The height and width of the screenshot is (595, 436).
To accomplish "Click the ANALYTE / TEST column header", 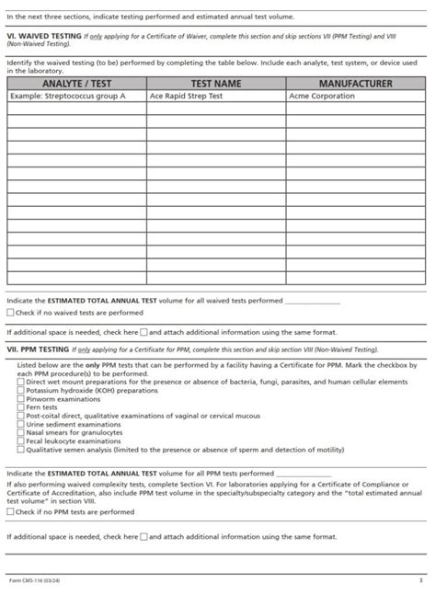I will pos(76,84).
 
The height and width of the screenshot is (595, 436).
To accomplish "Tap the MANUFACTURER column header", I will pos(355,84).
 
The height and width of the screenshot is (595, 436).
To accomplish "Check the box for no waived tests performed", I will pos(11,313).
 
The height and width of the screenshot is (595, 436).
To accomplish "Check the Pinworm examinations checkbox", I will pos(21,399).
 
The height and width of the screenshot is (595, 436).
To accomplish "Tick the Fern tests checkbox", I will pos(21,407).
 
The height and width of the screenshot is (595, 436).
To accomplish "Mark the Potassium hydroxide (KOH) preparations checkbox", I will pos(21,390).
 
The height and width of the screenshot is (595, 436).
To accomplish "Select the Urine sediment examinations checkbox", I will pos(21,424).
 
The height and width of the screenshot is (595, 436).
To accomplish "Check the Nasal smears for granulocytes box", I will pos(21,432).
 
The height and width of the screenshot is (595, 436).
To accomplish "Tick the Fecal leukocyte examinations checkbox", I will pos(21,441).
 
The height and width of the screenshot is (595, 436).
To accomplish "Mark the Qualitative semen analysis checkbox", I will pos(21,450).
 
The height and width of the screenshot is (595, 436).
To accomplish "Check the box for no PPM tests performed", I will pos(11,511).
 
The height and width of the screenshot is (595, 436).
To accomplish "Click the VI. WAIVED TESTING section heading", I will pos(44,36).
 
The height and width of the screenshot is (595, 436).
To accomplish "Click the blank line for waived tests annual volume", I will pos(312,301).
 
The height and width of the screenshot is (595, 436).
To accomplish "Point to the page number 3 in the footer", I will pos(419,581).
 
